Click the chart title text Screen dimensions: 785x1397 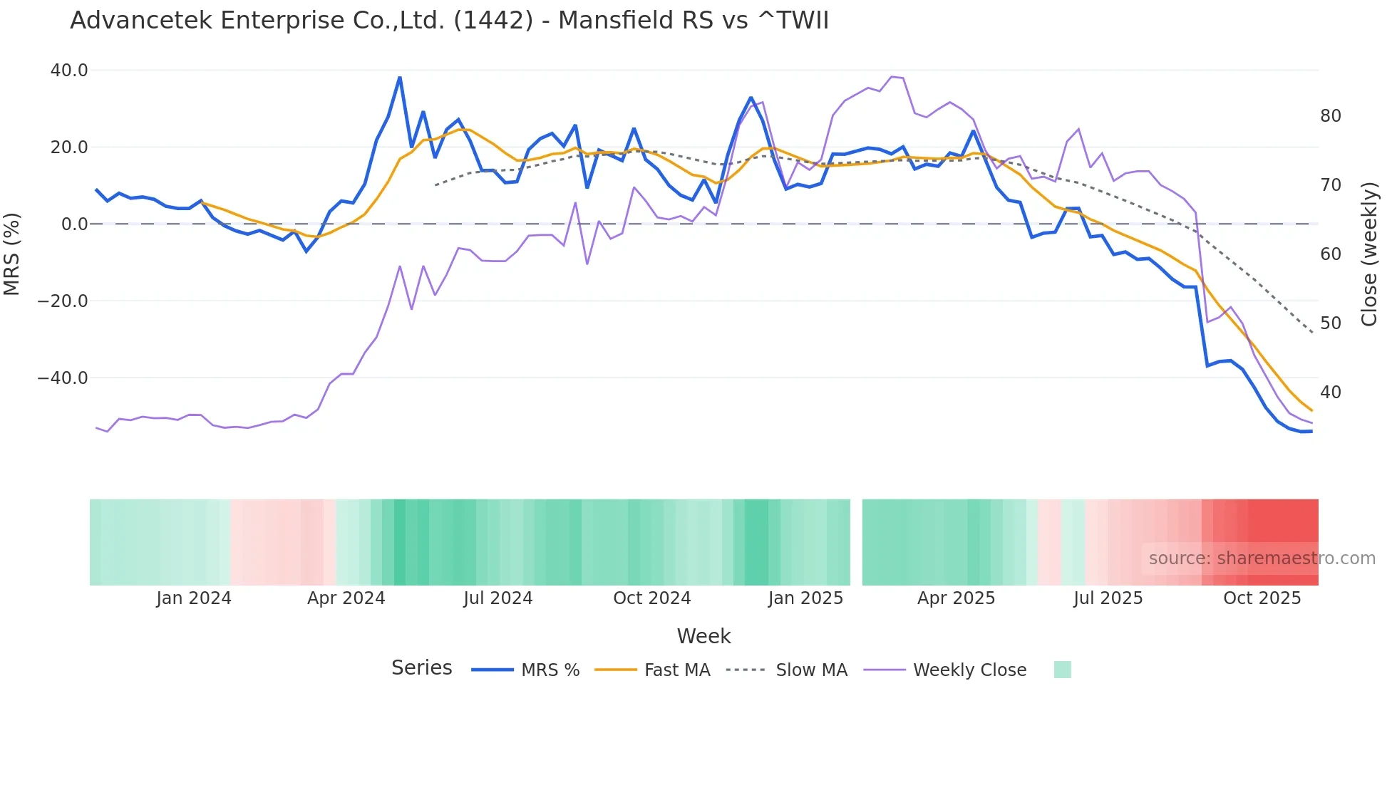449,21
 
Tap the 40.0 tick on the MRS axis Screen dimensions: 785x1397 69,71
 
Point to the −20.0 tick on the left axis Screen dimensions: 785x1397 63,301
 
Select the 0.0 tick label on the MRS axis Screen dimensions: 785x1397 74,224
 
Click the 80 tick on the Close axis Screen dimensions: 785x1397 1330,116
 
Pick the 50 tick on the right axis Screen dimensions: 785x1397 1330,323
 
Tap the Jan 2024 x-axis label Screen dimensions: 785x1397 194,598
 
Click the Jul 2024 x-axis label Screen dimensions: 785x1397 498,598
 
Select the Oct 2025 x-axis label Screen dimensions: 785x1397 1262,598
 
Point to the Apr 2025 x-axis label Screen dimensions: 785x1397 956,598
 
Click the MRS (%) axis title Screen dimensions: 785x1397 12,254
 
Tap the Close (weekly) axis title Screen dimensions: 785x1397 1368,254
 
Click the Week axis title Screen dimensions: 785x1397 703,636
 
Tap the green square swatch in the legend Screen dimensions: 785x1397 1062,670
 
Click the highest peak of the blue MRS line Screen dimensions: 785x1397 400,78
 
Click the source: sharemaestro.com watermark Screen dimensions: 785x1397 1262,558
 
